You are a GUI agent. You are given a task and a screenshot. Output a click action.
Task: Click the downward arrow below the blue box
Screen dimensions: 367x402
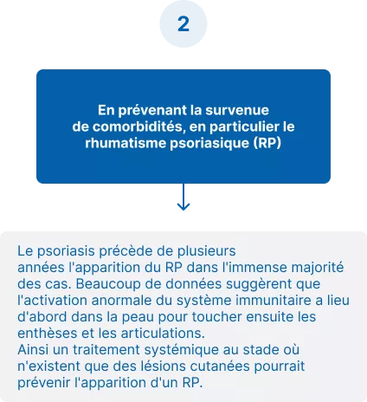coord(183,198)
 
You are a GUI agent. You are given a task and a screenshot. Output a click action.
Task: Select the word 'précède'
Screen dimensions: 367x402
coord(123,251)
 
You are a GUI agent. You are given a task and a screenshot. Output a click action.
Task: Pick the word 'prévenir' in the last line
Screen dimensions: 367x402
coord(44,383)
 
